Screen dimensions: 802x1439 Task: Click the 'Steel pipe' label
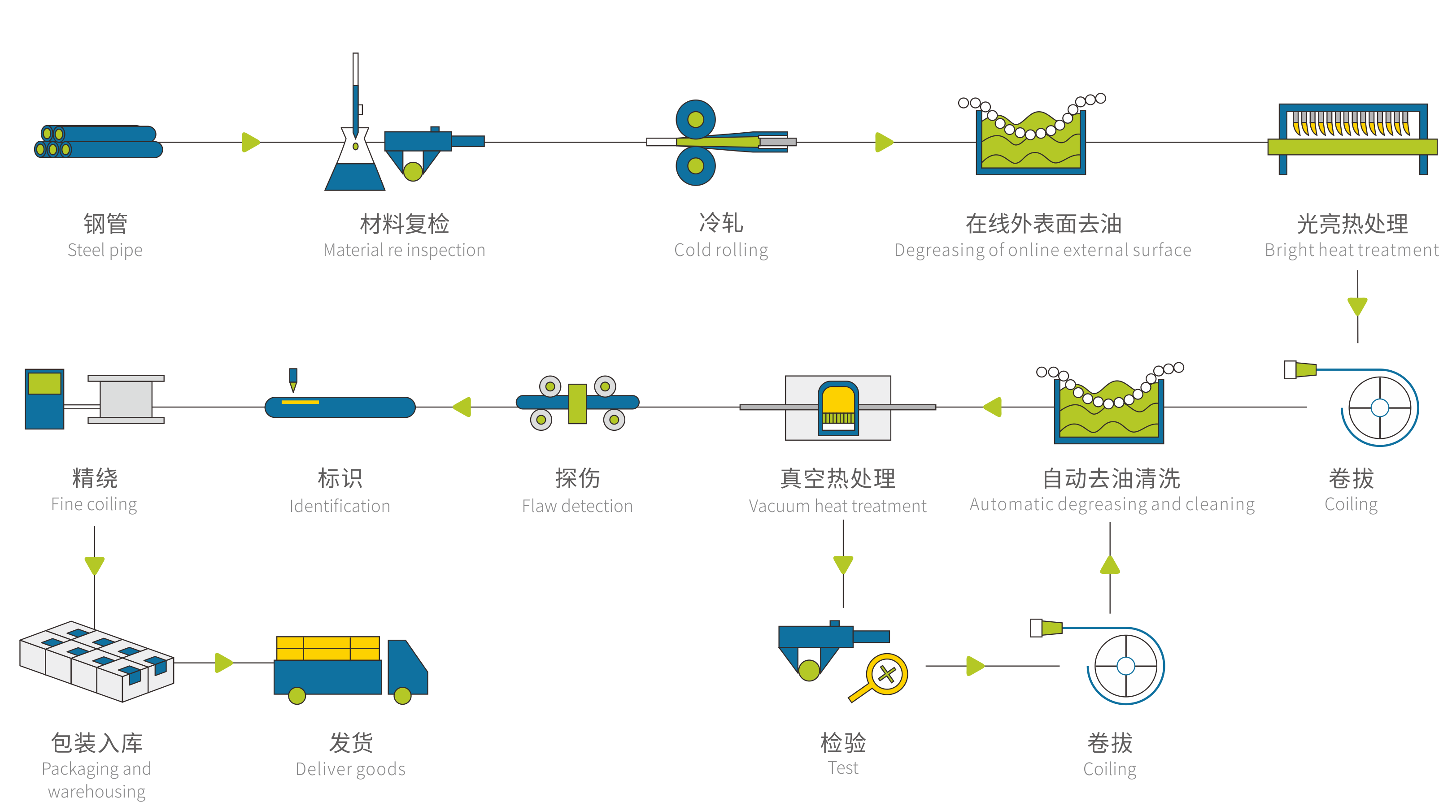tap(105, 250)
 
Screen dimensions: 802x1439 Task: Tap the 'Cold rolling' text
tap(720, 250)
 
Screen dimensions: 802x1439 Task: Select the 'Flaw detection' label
tap(577, 506)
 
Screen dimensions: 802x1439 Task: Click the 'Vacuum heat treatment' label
tap(837, 506)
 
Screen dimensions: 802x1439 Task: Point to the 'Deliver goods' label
tap(350, 769)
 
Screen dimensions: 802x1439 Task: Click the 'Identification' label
tap(340, 506)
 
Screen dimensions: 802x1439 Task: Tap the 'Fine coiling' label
tap(94, 504)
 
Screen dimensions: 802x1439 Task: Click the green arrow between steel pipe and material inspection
tap(251, 142)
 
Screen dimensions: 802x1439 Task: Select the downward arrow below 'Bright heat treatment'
tap(1357, 306)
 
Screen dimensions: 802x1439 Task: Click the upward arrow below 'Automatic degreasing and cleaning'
tap(1109, 565)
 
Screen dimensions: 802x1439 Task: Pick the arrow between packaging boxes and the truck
tap(223, 663)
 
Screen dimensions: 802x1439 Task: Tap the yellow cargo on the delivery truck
tap(328, 648)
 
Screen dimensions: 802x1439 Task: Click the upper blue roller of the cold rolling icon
tap(695, 119)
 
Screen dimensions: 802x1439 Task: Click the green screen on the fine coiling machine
tap(44, 383)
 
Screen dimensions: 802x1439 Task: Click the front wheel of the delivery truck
tap(402, 695)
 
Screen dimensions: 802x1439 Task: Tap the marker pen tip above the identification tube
tap(293, 385)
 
